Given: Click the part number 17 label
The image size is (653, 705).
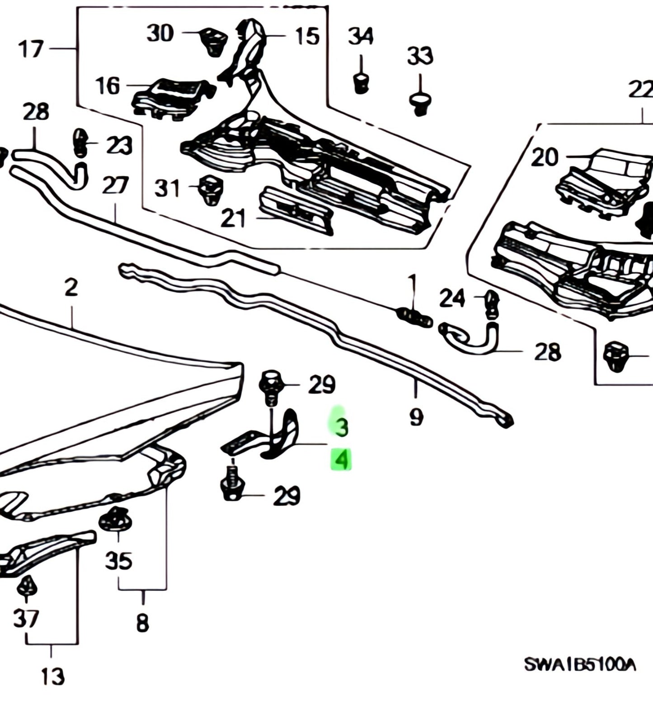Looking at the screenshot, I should click(31, 49).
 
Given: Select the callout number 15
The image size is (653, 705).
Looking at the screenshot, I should click(307, 36).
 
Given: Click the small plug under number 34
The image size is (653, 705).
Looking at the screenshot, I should click(361, 83).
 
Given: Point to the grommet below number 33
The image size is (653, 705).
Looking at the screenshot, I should click(420, 104).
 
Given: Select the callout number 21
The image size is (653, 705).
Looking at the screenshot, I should click(233, 218).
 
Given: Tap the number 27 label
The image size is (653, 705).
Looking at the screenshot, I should click(115, 186).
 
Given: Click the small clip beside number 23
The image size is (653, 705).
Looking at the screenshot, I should click(80, 142).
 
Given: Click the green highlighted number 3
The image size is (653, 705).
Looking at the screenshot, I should click(341, 426).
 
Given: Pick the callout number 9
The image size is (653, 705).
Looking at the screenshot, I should click(416, 416).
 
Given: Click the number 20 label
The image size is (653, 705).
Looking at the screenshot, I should click(545, 157).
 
